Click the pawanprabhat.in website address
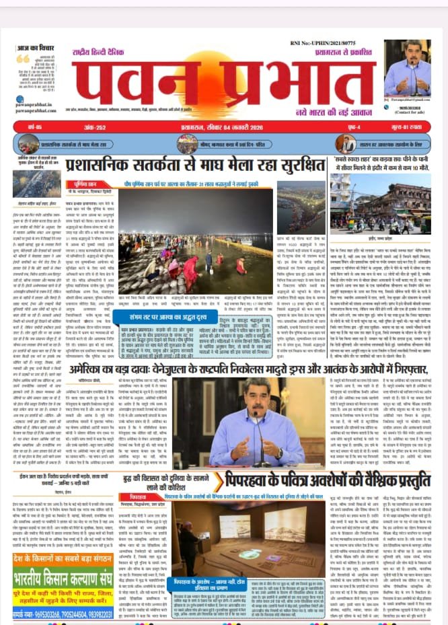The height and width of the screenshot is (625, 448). (x=38, y=107)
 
